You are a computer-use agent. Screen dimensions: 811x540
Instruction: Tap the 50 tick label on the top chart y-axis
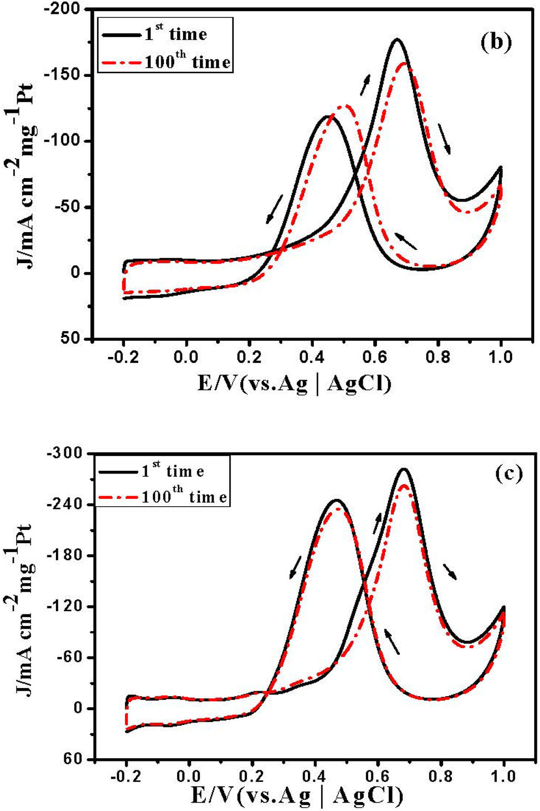pyautogui.click(x=71, y=339)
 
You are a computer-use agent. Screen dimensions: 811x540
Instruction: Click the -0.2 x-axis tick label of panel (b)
pyautogui.click(x=123, y=358)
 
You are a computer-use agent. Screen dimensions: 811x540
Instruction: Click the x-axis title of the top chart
pyautogui.click(x=295, y=383)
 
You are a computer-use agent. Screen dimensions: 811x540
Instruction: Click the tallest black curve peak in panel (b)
pyautogui.click(x=397, y=40)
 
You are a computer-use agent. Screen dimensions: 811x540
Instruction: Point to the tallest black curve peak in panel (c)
pyautogui.click(x=404, y=469)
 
